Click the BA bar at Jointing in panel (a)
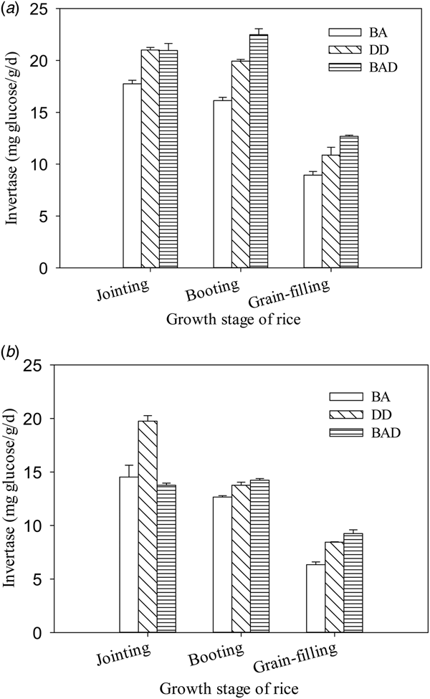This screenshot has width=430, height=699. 132,176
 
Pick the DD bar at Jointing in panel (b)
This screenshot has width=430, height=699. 148,526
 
